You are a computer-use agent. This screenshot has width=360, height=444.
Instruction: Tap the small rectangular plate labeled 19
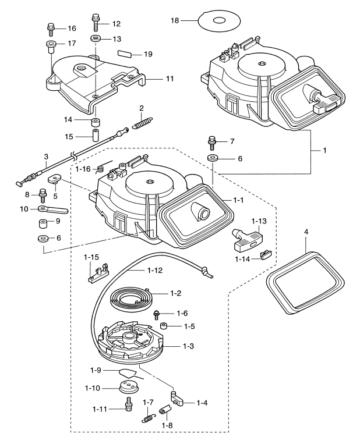124,54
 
